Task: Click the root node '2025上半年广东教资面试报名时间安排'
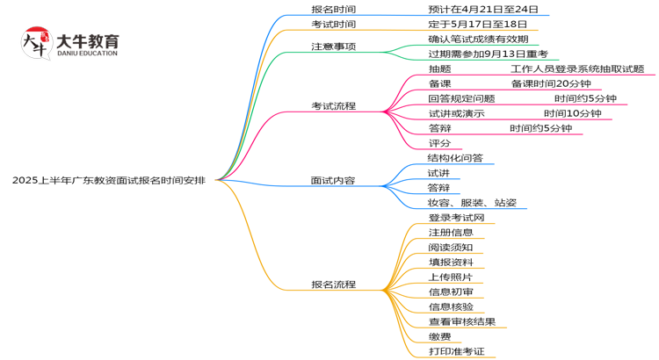tap(109, 180)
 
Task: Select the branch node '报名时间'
tap(334, 10)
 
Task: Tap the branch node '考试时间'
tap(334, 25)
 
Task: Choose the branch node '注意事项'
tap(334, 46)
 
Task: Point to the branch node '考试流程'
tap(334, 105)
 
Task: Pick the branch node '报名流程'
tap(334, 284)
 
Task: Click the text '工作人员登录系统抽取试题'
tap(577, 68)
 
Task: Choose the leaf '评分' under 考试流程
tap(439, 143)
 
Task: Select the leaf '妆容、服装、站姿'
tap(472, 203)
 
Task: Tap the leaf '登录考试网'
tap(456, 218)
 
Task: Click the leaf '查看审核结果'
tap(461, 321)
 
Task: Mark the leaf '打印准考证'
tap(456, 351)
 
